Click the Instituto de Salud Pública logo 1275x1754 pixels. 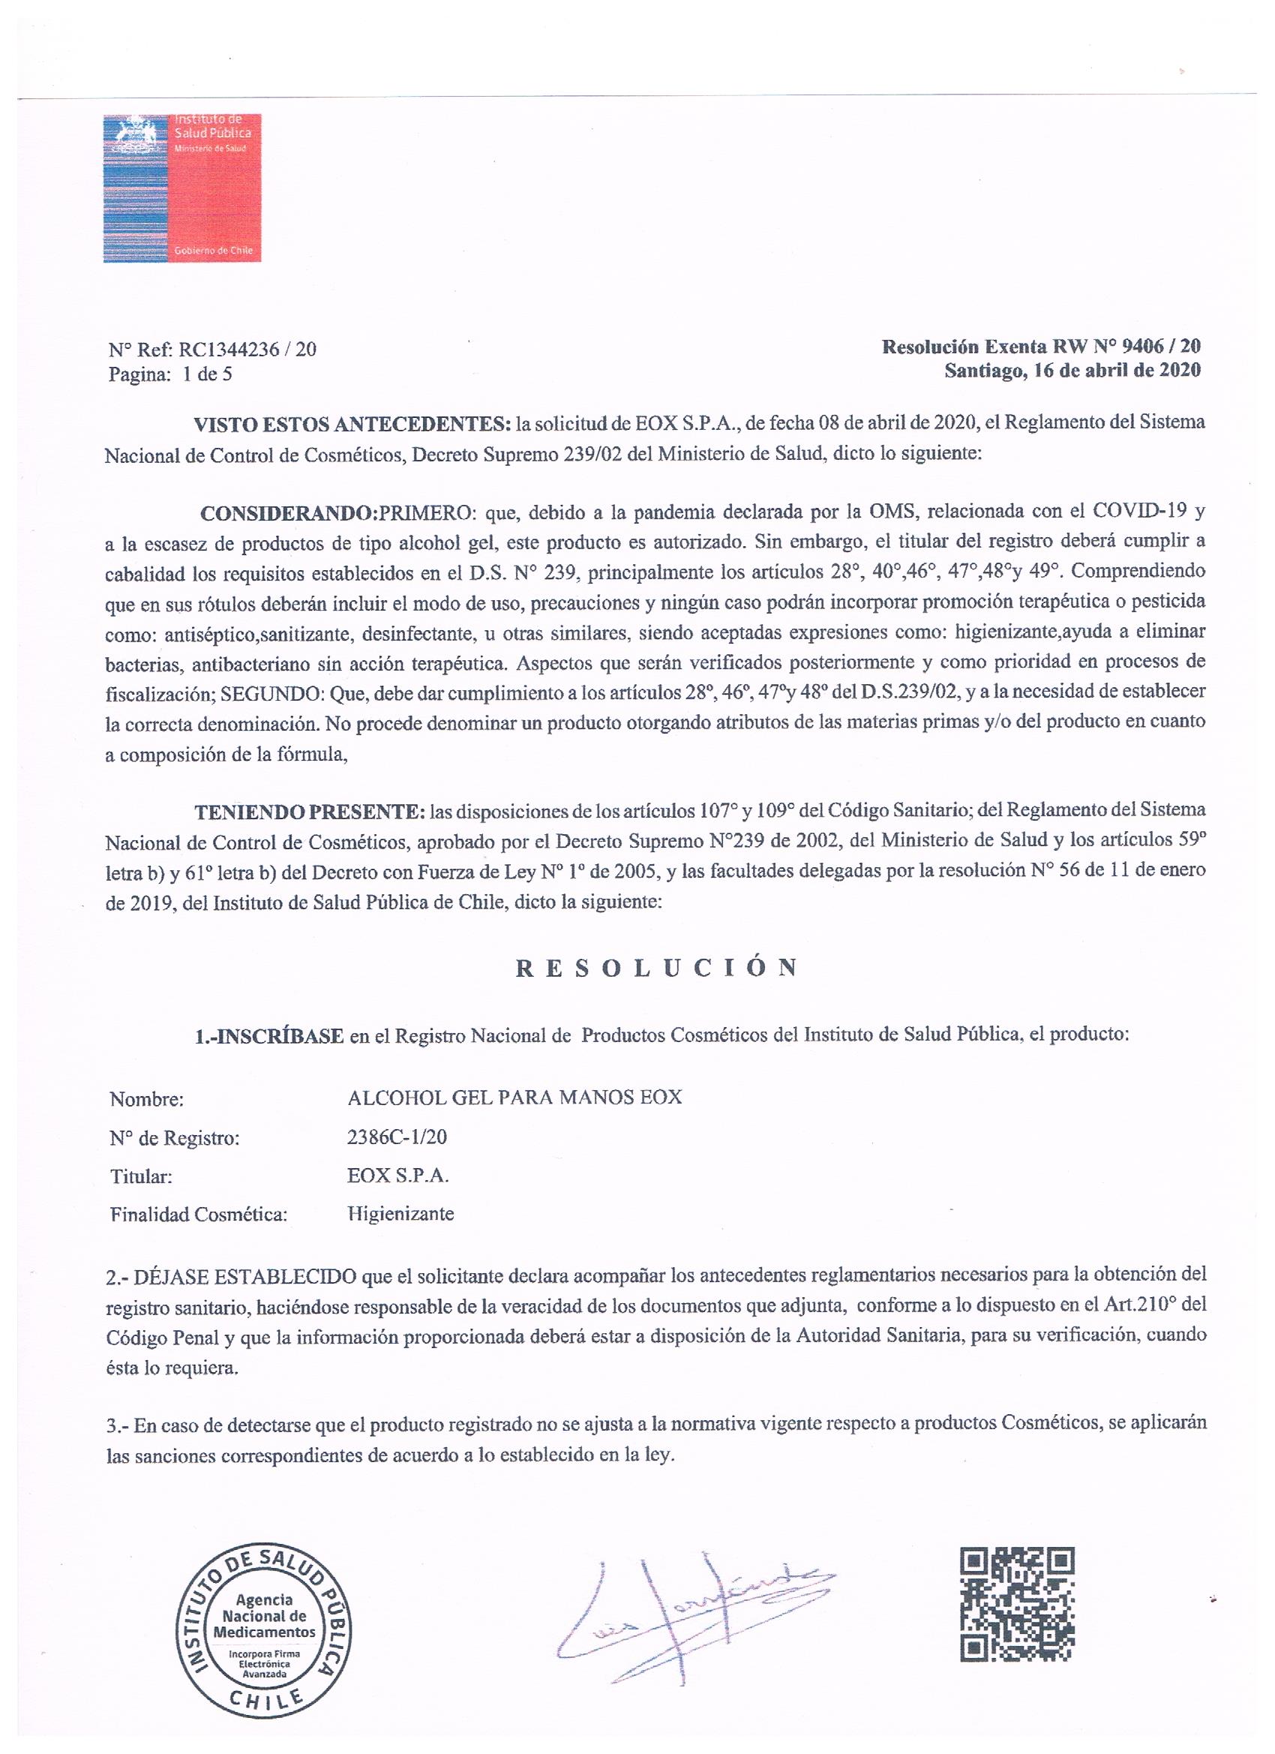181,188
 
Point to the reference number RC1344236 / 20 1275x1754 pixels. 247,350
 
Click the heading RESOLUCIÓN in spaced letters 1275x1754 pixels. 656,969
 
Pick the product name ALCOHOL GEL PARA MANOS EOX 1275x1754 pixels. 515,1098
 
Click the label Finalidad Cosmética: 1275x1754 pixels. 199,1215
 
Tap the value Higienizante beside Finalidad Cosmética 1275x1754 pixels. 400,1213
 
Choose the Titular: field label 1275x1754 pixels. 141,1176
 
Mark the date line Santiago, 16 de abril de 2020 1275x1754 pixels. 1072,371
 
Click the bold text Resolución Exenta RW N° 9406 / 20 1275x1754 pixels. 1041,346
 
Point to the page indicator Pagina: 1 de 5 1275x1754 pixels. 171,375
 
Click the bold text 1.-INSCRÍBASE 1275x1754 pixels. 268,1035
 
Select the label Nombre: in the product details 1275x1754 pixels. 147,1099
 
